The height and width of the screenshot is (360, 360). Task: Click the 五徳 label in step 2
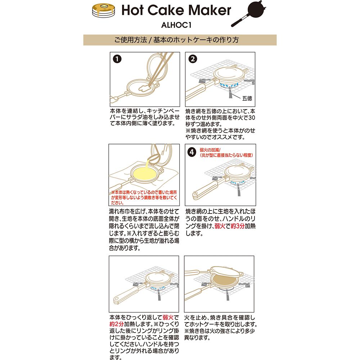pyautogui.click(x=247, y=98)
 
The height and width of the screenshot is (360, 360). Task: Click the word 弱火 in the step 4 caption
pyautogui.click(x=220, y=226)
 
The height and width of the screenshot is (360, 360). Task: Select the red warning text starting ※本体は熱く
pyautogui.click(x=144, y=197)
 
